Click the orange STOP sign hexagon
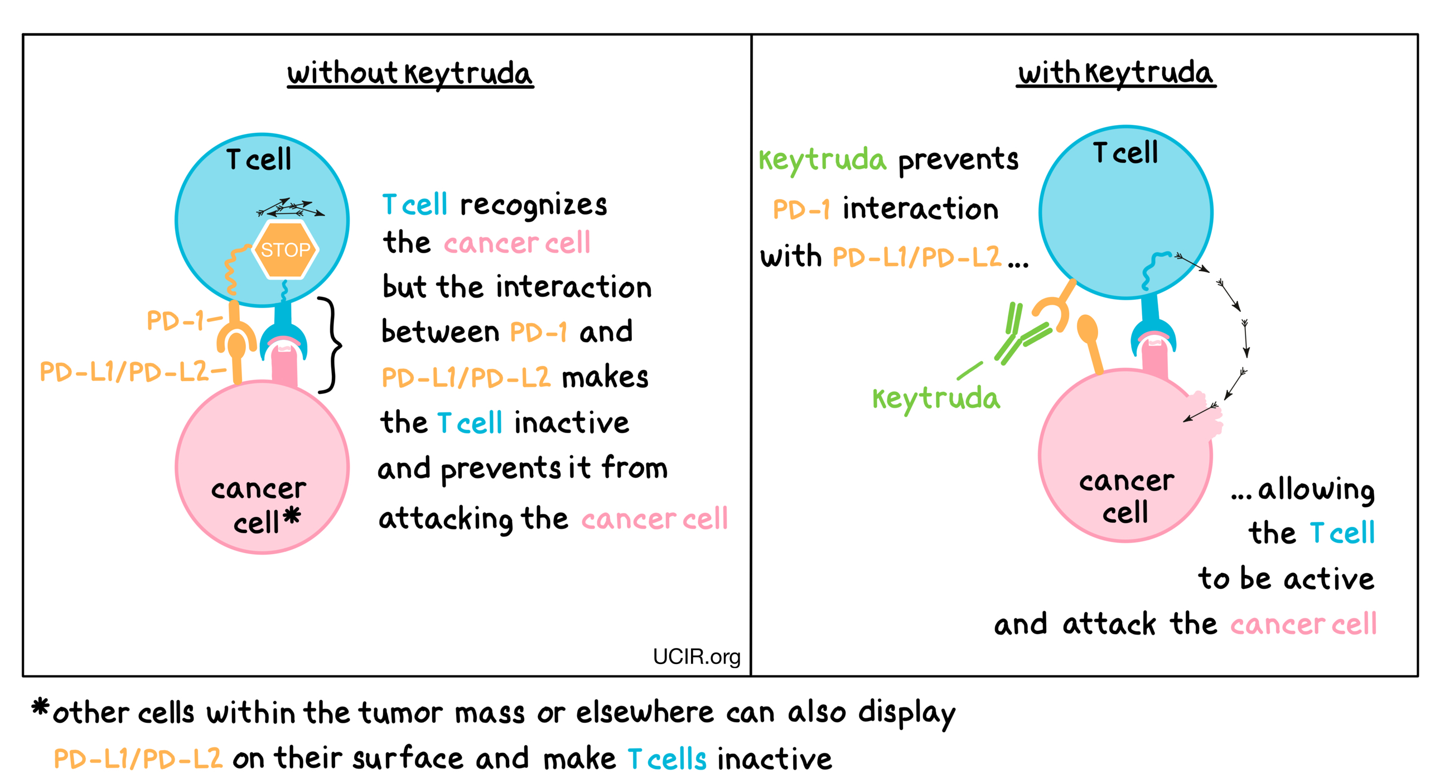[285, 249]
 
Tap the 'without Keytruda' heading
[410, 74]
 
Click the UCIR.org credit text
[696, 657]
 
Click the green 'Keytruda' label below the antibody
[936, 398]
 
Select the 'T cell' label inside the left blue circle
[259, 160]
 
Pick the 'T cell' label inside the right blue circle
[1125, 153]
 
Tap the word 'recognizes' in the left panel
[533, 205]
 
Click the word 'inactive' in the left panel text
[571, 422]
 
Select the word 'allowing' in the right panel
[1316, 490]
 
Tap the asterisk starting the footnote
[40, 708]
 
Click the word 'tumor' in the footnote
[400, 713]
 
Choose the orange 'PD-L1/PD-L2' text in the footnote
[138, 759]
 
